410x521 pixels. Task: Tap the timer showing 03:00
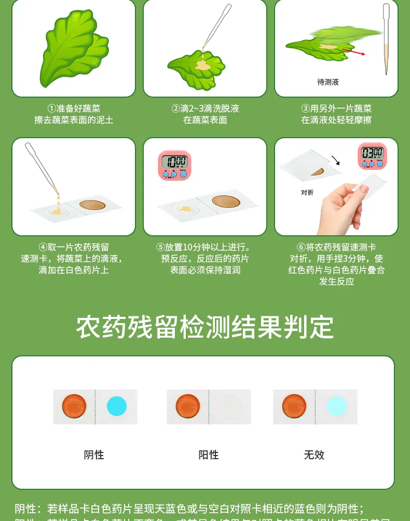372,156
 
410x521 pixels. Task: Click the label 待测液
328,82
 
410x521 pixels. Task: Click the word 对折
307,193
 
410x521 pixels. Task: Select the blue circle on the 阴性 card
117,406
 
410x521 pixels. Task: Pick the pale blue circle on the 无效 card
336,406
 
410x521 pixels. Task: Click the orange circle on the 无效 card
294,406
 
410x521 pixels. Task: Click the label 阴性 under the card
94,455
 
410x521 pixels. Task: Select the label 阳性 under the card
209,455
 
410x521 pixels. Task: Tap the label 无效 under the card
314,455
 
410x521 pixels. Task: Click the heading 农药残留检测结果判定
205,327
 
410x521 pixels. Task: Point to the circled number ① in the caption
51,109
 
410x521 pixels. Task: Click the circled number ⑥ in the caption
300,247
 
